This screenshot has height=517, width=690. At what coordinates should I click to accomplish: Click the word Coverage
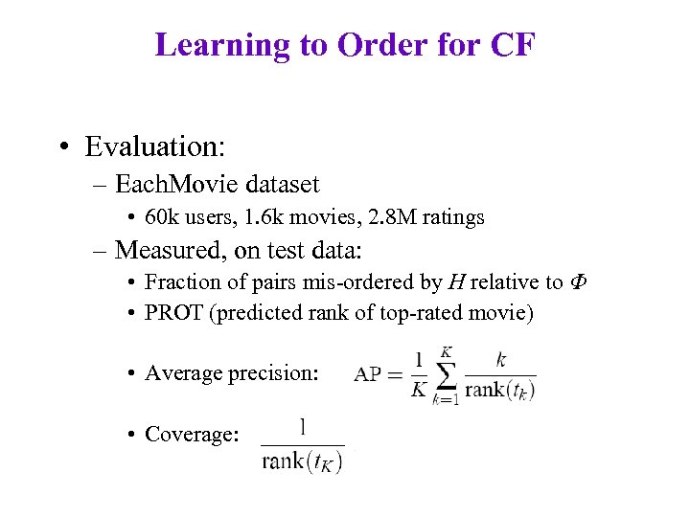click(x=191, y=434)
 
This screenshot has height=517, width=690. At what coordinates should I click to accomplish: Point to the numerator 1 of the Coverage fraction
click(x=303, y=426)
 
